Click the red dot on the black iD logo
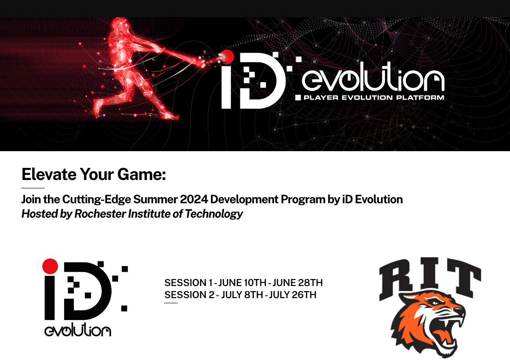coord(50,266)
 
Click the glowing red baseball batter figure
coord(130,68)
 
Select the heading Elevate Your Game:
coord(93,174)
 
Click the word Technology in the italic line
coord(214,214)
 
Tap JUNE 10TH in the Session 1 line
coord(242,282)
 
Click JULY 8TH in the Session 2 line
coord(242,295)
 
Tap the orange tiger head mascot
coord(428,323)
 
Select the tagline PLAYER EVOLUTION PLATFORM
coord(374,97)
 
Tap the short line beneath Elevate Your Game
coord(33,188)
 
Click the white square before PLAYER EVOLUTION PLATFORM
coord(298,97)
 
